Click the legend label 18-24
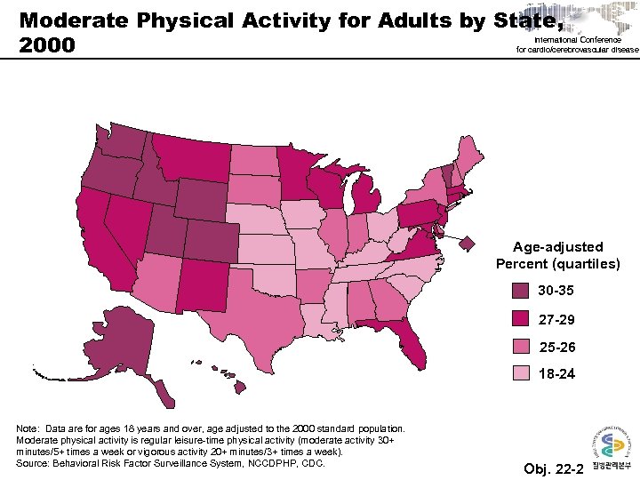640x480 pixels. pos(557,374)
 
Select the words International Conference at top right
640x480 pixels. pos(580,40)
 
